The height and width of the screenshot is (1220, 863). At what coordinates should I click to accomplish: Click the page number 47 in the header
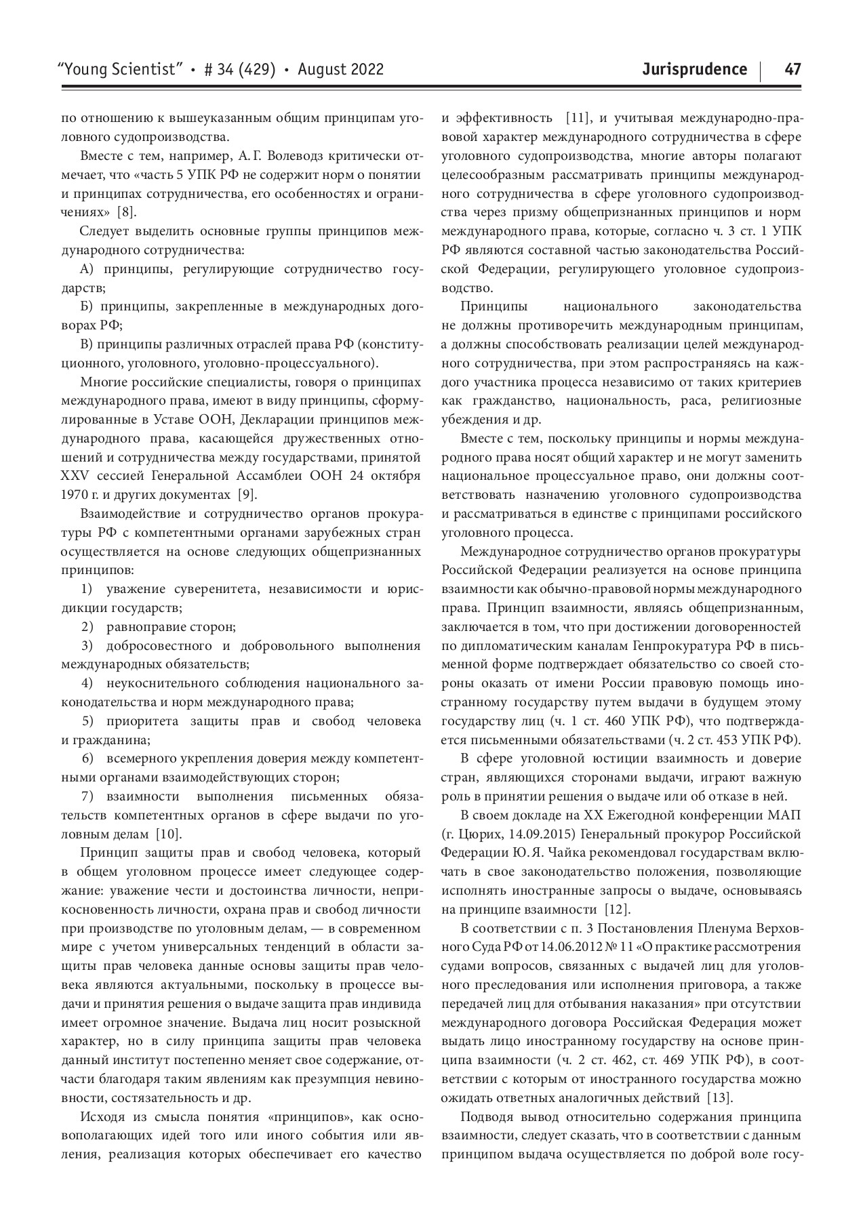click(x=792, y=69)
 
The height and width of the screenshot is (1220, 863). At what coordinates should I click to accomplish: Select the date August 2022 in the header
click(x=340, y=69)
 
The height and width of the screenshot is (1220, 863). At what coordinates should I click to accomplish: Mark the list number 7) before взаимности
click(x=87, y=796)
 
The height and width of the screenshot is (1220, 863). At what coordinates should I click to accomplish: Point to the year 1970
click(x=75, y=493)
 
